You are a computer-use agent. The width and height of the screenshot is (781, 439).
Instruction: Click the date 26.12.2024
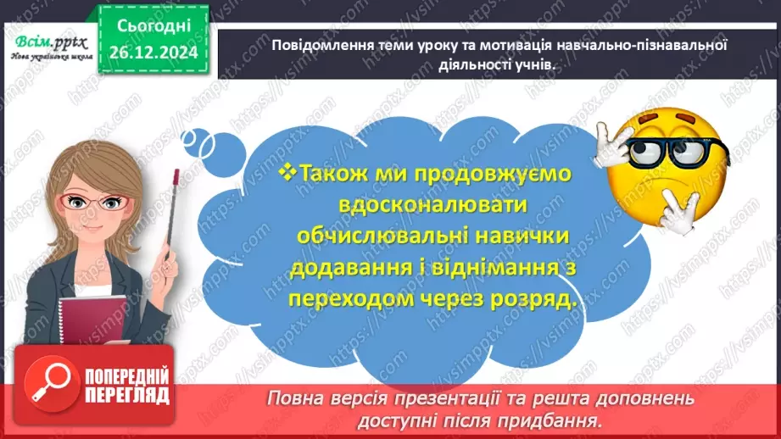[x=153, y=51]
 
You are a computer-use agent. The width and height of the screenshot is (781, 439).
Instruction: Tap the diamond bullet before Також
[x=287, y=172]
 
